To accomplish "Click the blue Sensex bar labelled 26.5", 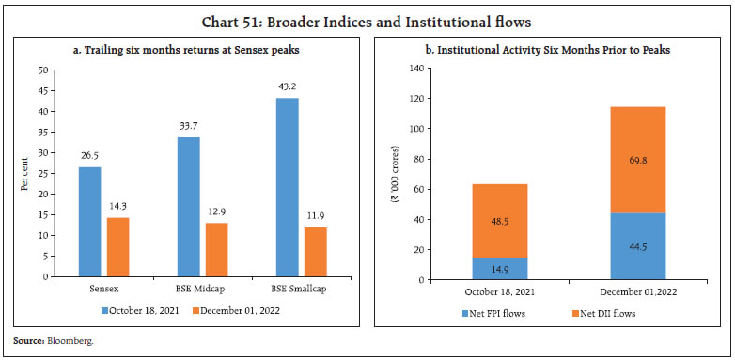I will tap(89, 222).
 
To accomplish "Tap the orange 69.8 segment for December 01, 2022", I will tap(637, 160).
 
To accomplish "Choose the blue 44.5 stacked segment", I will tap(637, 246).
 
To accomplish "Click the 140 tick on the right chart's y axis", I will tap(417, 68).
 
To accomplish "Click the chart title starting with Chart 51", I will tap(367, 14).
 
